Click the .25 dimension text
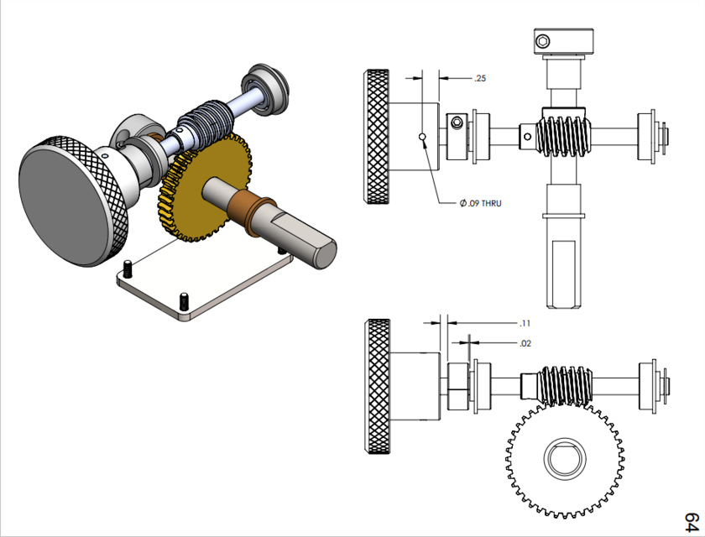click(x=480, y=78)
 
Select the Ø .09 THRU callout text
click(x=480, y=203)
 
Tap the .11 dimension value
click(x=525, y=323)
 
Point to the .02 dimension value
click(x=525, y=343)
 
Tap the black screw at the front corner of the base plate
click(x=184, y=300)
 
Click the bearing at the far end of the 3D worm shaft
click(x=266, y=87)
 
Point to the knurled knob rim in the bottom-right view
click(x=375, y=386)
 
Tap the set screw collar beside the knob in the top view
click(x=457, y=134)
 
